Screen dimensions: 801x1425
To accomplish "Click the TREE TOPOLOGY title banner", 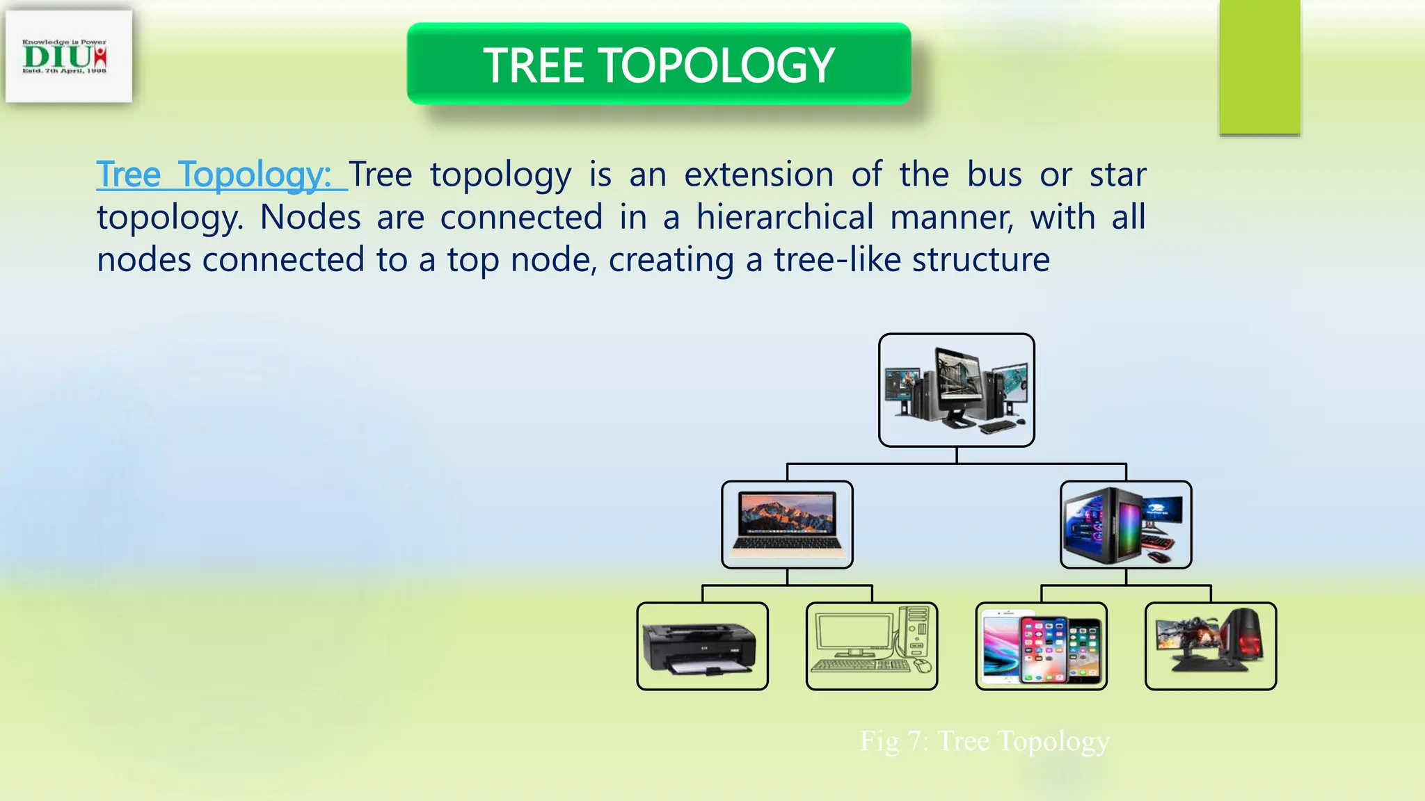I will coord(658,65).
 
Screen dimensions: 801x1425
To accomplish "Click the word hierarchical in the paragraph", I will coord(785,217).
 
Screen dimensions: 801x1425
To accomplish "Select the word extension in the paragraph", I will coord(758,175).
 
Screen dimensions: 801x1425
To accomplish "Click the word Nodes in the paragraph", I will coord(310,217).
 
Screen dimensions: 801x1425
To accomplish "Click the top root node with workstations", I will coord(956,390).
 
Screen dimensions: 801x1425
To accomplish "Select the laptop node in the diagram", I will coord(787,524).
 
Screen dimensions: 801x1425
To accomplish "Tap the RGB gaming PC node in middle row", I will coord(1125,524).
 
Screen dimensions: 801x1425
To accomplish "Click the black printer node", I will coord(702,647).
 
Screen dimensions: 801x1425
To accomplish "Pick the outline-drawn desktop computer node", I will coord(871,647).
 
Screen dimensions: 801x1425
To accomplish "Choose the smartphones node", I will coord(1041,647).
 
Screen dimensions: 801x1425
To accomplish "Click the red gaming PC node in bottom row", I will coord(1210,647).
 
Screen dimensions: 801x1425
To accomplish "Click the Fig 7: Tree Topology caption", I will coord(985,741).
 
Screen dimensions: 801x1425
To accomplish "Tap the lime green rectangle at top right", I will coord(1259,67).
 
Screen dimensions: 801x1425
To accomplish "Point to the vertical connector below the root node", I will coord(957,455).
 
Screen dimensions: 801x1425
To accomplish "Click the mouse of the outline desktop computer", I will coord(923,667).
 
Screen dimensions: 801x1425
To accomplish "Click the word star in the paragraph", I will coord(1117,175).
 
